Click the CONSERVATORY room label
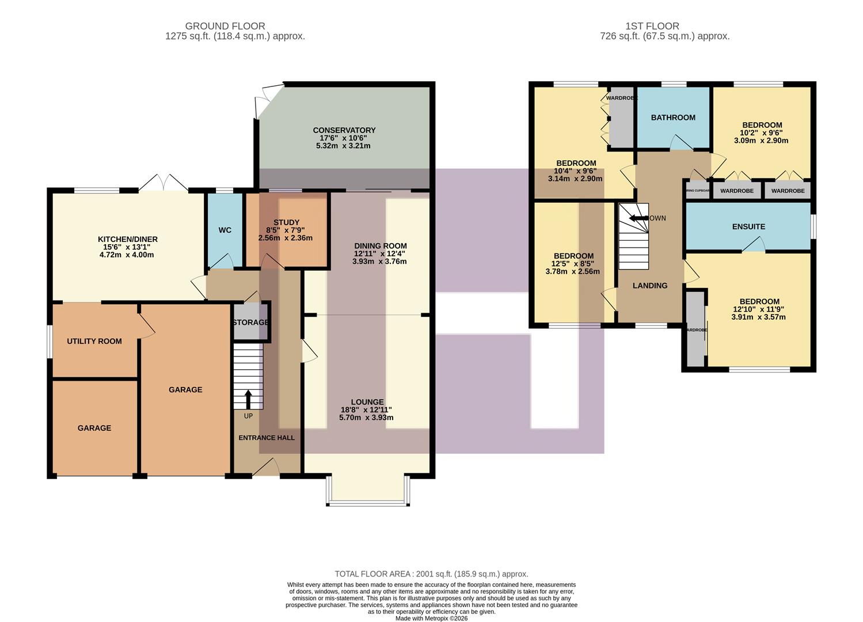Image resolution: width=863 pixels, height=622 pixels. tap(344, 130)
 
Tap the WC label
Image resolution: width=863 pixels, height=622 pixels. tap(225, 230)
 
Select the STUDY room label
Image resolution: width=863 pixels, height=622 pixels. tap(286, 222)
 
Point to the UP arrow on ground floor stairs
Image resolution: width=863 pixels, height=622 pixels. tap(249, 398)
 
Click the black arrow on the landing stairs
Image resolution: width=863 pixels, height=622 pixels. tap(638, 218)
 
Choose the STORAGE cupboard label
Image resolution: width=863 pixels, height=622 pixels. tap(250, 323)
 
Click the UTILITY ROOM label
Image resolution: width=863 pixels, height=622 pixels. tap(94, 341)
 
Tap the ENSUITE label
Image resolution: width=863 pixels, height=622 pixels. tap(748, 226)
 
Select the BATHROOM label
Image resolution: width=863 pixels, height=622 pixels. tap(673, 117)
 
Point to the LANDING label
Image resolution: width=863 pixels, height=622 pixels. tap(650, 286)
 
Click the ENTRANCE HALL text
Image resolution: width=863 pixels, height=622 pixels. tap(267, 438)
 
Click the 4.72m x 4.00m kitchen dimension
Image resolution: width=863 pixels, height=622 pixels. tap(127, 255)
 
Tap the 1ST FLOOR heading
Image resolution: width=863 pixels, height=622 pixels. tap(652, 26)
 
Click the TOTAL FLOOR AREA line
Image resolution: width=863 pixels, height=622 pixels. tap(431, 574)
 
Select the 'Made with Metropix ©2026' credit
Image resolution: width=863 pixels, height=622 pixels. tap(431, 619)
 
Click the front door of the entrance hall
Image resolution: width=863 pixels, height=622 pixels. tap(267, 468)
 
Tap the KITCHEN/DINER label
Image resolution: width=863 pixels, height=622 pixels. tap(127, 239)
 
